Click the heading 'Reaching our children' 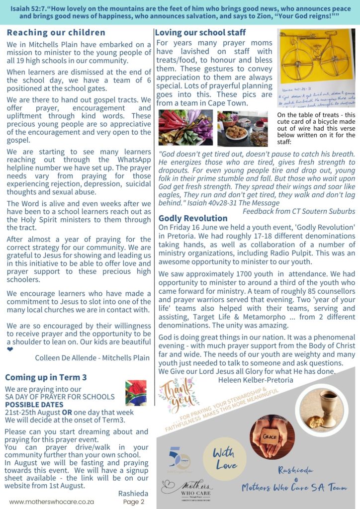coord(56,33)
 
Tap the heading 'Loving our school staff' coord(200,33)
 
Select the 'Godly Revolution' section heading coord(193,218)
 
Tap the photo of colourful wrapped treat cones coord(185,128)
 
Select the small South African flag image coord(136,393)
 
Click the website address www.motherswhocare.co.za coord(52,502)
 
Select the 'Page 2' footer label coord(134,502)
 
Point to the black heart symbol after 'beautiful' coord(10,349)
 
